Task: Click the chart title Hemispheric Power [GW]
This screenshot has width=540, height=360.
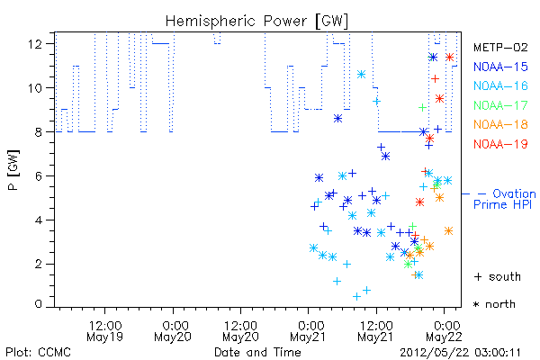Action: click(256, 21)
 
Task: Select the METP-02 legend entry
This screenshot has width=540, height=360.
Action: click(500, 48)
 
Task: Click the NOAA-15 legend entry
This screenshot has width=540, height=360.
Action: click(500, 67)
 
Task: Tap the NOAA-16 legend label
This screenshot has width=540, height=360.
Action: click(500, 85)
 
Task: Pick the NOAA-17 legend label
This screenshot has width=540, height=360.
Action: click(500, 105)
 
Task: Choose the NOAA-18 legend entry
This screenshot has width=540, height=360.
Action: click(500, 124)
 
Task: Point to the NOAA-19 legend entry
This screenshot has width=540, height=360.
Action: click(500, 144)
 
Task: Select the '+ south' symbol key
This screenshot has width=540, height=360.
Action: click(498, 276)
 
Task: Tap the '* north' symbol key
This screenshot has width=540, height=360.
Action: click(494, 304)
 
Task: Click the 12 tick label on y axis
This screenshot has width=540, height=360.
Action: click(36, 44)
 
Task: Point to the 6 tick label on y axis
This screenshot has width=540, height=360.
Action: click(39, 176)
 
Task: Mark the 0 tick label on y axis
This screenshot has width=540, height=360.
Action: click(39, 304)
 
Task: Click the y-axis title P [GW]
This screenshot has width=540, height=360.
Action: click(13, 170)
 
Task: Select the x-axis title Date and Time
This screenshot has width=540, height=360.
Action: click(257, 352)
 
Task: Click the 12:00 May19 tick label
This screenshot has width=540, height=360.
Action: click(105, 330)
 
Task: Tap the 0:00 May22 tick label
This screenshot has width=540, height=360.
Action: click(445, 330)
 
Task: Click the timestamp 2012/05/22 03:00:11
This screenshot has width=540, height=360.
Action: click(460, 353)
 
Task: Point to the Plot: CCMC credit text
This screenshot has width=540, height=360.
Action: click(38, 353)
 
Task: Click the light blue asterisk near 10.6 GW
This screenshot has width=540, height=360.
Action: click(361, 74)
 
